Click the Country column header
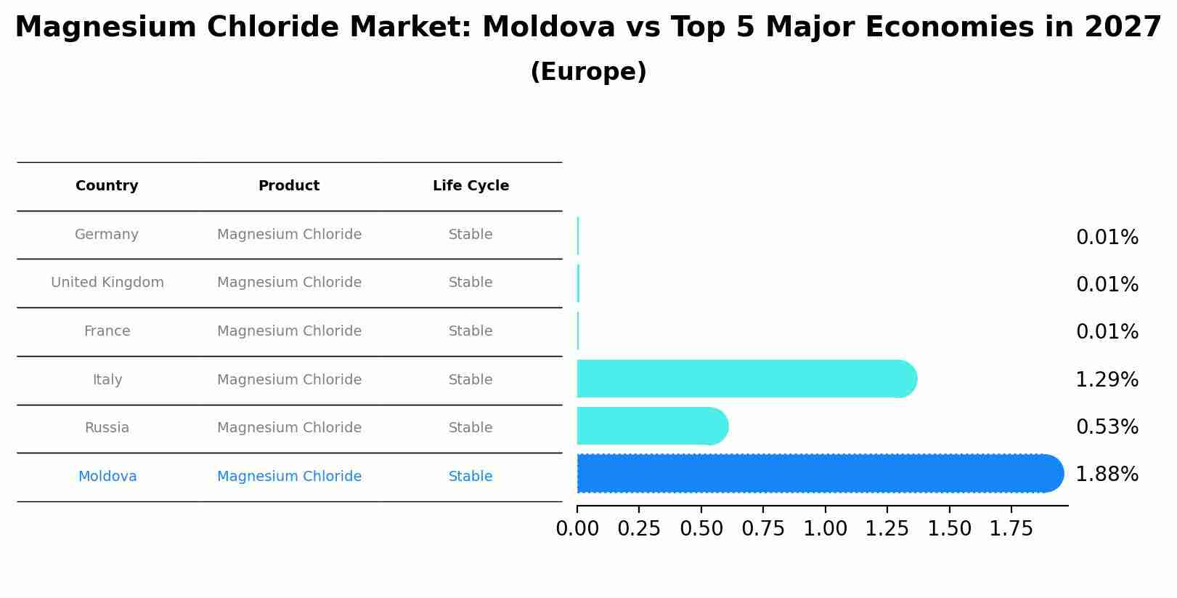click(x=107, y=186)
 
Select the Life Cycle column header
click(x=471, y=186)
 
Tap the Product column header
click(x=289, y=186)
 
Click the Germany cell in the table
click(x=107, y=235)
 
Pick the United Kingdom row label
click(x=107, y=283)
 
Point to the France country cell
click(x=107, y=331)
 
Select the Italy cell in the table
click(x=107, y=380)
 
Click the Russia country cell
click(x=107, y=428)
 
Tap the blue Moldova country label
click(x=107, y=477)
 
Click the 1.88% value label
click(x=1107, y=474)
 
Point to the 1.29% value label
click(x=1107, y=380)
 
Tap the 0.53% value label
click(x=1107, y=427)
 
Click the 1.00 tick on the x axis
click(x=825, y=529)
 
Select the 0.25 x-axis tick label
click(x=639, y=529)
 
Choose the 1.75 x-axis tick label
click(x=1011, y=529)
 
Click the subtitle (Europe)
click(x=588, y=72)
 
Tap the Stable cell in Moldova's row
click(x=471, y=477)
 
